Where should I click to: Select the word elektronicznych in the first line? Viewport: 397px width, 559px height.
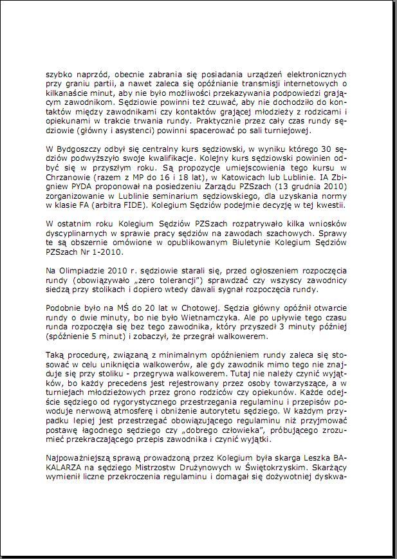pyautogui.click(x=315, y=74)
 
